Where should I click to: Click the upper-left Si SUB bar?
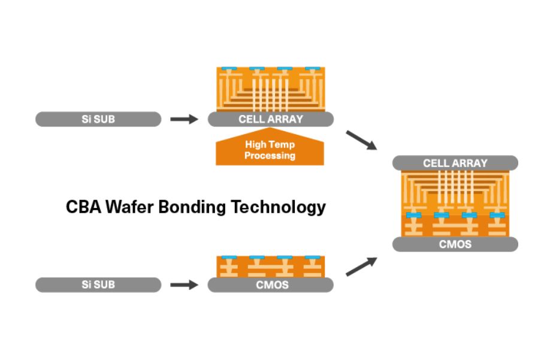click(98, 119)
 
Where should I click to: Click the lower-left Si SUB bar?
click(98, 285)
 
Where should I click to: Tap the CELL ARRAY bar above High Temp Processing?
click(270, 119)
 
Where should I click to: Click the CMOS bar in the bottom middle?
click(270, 285)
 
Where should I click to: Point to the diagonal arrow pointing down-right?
click(361, 140)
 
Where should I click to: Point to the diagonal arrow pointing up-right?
click(361, 267)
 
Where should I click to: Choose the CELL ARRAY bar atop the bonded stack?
click(455, 163)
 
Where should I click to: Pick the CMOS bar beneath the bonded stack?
click(455, 244)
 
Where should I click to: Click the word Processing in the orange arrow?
click(270, 156)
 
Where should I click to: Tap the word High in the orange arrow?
click(256, 144)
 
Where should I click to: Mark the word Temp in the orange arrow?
click(282, 144)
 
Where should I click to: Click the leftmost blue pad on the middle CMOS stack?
click(227, 258)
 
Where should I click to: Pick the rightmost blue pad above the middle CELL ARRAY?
click(313, 69)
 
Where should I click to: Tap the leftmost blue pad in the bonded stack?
click(413, 215)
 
